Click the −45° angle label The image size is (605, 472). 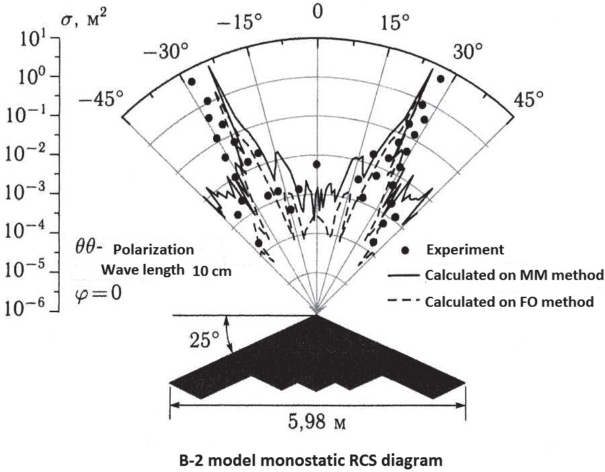click(101, 99)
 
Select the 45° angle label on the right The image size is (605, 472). click(528, 99)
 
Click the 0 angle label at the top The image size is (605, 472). click(317, 12)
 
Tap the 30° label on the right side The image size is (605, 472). click(468, 51)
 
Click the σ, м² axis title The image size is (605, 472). click(84, 19)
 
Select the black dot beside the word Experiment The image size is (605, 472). click(405, 251)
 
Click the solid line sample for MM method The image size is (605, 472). click(403, 276)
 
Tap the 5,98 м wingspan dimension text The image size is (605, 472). click(317, 422)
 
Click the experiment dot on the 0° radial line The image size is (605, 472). click(317, 164)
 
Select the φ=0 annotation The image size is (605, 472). click(98, 293)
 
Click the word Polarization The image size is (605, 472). click(153, 250)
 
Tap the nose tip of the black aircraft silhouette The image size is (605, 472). click(317, 315)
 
